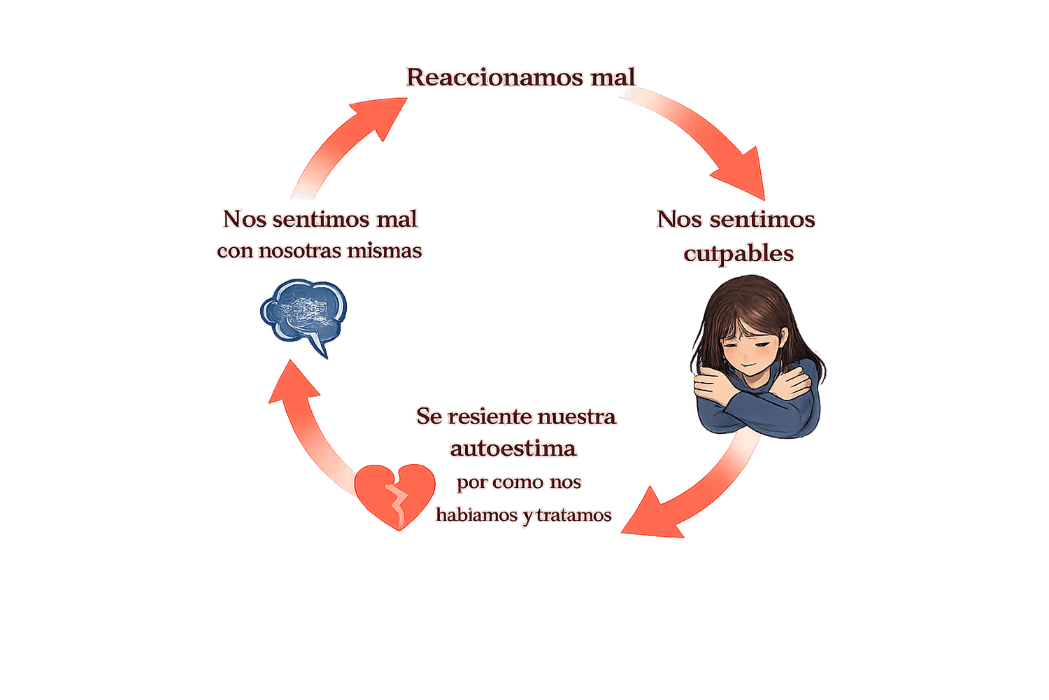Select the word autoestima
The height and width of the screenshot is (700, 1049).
(513, 449)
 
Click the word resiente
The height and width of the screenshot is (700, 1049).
(489, 416)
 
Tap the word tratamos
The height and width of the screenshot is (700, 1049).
(574, 515)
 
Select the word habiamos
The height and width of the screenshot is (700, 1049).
(477, 514)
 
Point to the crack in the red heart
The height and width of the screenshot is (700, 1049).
(397, 502)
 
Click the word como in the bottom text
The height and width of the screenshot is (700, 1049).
(518, 482)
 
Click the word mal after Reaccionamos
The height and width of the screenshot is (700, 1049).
(613, 77)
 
